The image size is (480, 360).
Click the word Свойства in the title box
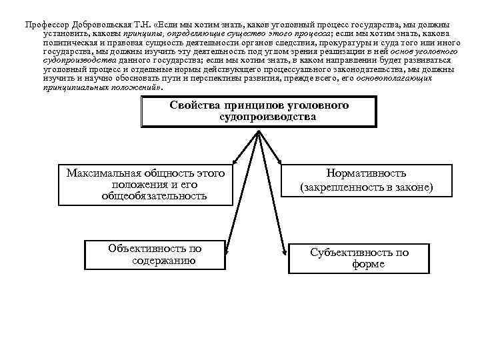coord(195,105)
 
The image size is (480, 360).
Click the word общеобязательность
coord(154,196)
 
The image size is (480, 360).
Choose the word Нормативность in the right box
coord(367,173)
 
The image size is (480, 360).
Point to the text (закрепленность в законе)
coord(367,188)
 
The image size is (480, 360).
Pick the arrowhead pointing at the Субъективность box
coord(285,253)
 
